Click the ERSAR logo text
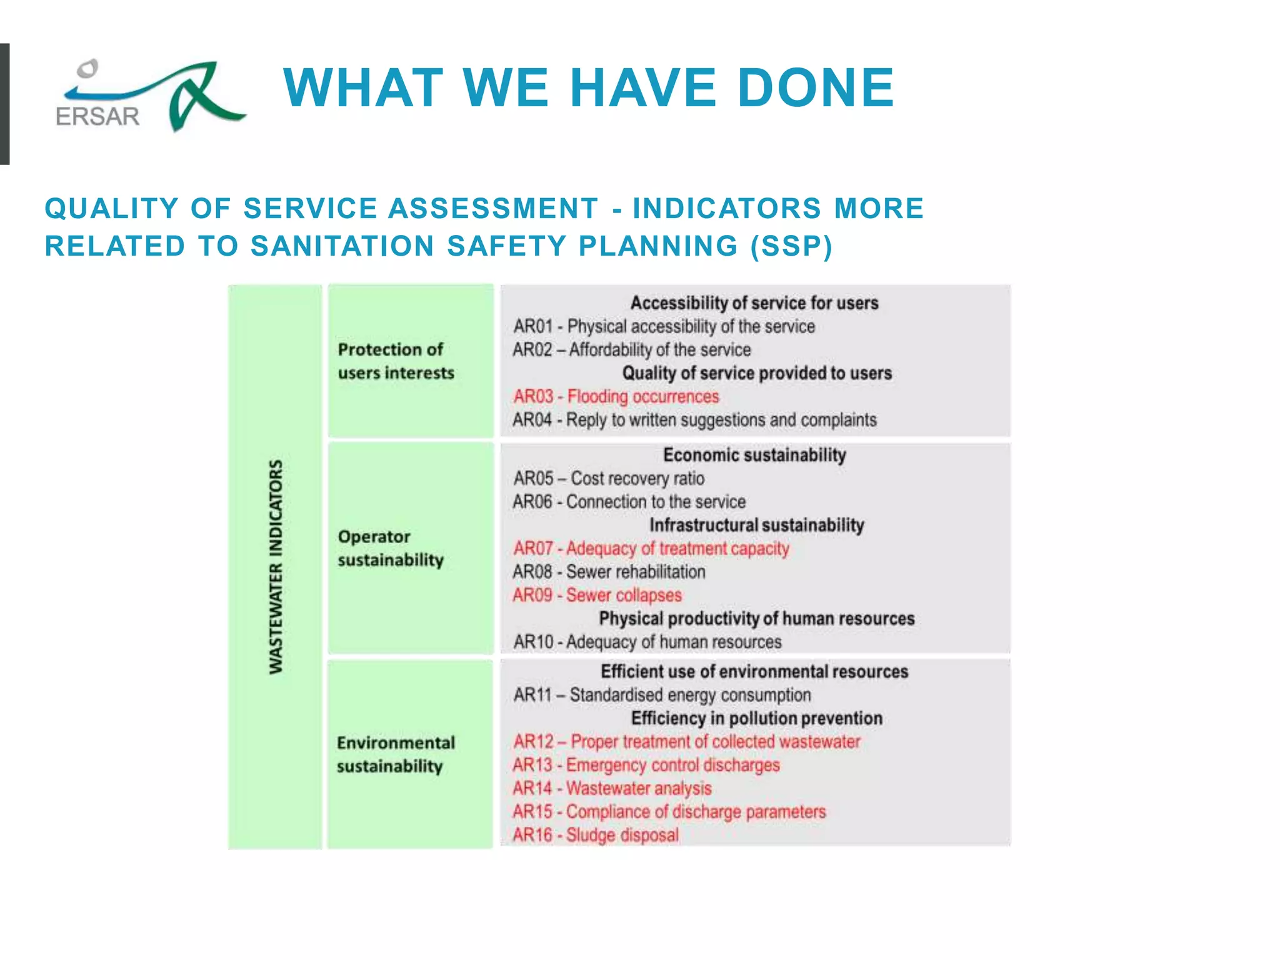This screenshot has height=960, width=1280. pyautogui.click(x=97, y=117)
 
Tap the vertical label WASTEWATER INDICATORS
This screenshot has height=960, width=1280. pyautogui.click(x=276, y=567)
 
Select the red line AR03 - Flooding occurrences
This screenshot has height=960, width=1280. pyautogui.click(x=616, y=396)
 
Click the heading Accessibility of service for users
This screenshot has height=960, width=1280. pyautogui.click(x=754, y=303)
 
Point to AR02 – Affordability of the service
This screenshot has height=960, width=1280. pyautogui.click(x=631, y=349)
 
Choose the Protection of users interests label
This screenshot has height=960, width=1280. pyautogui.click(x=396, y=361)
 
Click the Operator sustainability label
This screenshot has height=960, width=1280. pyautogui.click(x=391, y=548)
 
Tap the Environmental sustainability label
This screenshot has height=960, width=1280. pyautogui.click(x=396, y=754)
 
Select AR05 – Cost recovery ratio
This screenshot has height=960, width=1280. pyautogui.click(x=609, y=479)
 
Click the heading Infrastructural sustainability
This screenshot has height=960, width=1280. pyautogui.click(x=756, y=525)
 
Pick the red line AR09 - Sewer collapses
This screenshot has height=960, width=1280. pyautogui.click(x=597, y=595)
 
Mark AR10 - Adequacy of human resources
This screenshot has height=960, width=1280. pyautogui.click(x=647, y=642)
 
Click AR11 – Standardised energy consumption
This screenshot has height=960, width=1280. pyautogui.click(x=662, y=695)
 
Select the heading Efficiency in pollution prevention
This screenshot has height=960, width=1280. pyautogui.click(x=756, y=719)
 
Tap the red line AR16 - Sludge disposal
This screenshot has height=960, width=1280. pyautogui.click(x=595, y=835)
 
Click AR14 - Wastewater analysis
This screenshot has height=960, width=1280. pyautogui.click(x=612, y=789)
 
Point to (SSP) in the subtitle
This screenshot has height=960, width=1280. pyautogui.click(x=792, y=246)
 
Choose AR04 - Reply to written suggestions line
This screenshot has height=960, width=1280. pyautogui.click(x=694, y=420)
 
